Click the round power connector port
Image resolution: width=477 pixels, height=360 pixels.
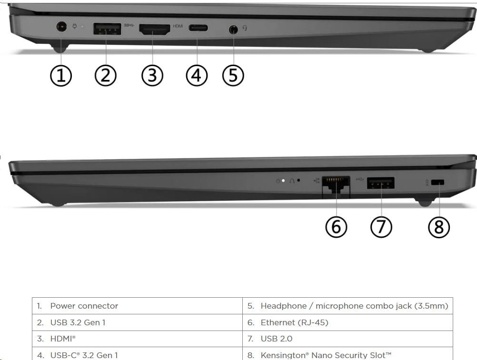pos(62,27)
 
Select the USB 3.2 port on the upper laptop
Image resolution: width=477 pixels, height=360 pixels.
pos(107,29)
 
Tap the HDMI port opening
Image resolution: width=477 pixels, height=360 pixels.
pos(155,29)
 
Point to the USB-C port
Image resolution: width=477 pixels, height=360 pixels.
pos(199,28)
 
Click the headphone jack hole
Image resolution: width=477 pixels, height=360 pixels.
pos(233,29)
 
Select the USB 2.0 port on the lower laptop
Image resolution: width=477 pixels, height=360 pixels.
pos(380,183)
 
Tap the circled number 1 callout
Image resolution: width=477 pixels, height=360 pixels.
pos(61,75)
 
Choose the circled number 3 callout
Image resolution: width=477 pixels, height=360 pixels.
pos(152,75)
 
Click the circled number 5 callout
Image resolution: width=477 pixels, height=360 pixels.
pos(233,75)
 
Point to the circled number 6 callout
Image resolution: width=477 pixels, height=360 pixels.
pos(336,227)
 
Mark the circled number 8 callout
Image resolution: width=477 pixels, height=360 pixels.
pos(438,227)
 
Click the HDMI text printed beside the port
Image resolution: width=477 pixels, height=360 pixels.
pos(178,26)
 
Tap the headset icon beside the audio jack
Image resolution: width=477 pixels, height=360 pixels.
pos(245,28)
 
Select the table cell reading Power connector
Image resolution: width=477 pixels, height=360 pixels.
pos(137,306)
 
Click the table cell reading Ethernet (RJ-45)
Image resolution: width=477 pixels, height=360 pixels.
pos(348,322)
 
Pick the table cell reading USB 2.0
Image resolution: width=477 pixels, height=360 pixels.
pos(348,339)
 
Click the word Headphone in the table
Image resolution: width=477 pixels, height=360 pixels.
pos(284,306)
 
